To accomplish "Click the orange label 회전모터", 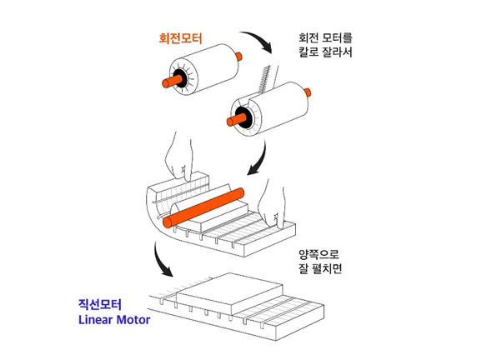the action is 180,38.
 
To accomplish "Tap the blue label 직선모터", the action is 100,304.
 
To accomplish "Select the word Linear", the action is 95,320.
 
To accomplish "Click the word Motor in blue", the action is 133,320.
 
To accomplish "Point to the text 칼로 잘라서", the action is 325,52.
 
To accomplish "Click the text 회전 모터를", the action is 325,38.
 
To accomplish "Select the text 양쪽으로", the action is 319,254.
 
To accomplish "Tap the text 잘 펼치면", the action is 320,268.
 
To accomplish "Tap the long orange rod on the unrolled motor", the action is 203,207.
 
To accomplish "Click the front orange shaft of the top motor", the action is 173,81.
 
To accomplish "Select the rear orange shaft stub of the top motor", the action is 238,56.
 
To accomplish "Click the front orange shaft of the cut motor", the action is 237,119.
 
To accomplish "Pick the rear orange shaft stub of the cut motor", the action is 308,92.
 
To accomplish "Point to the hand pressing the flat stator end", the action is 273,204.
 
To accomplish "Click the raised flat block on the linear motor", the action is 230,292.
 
